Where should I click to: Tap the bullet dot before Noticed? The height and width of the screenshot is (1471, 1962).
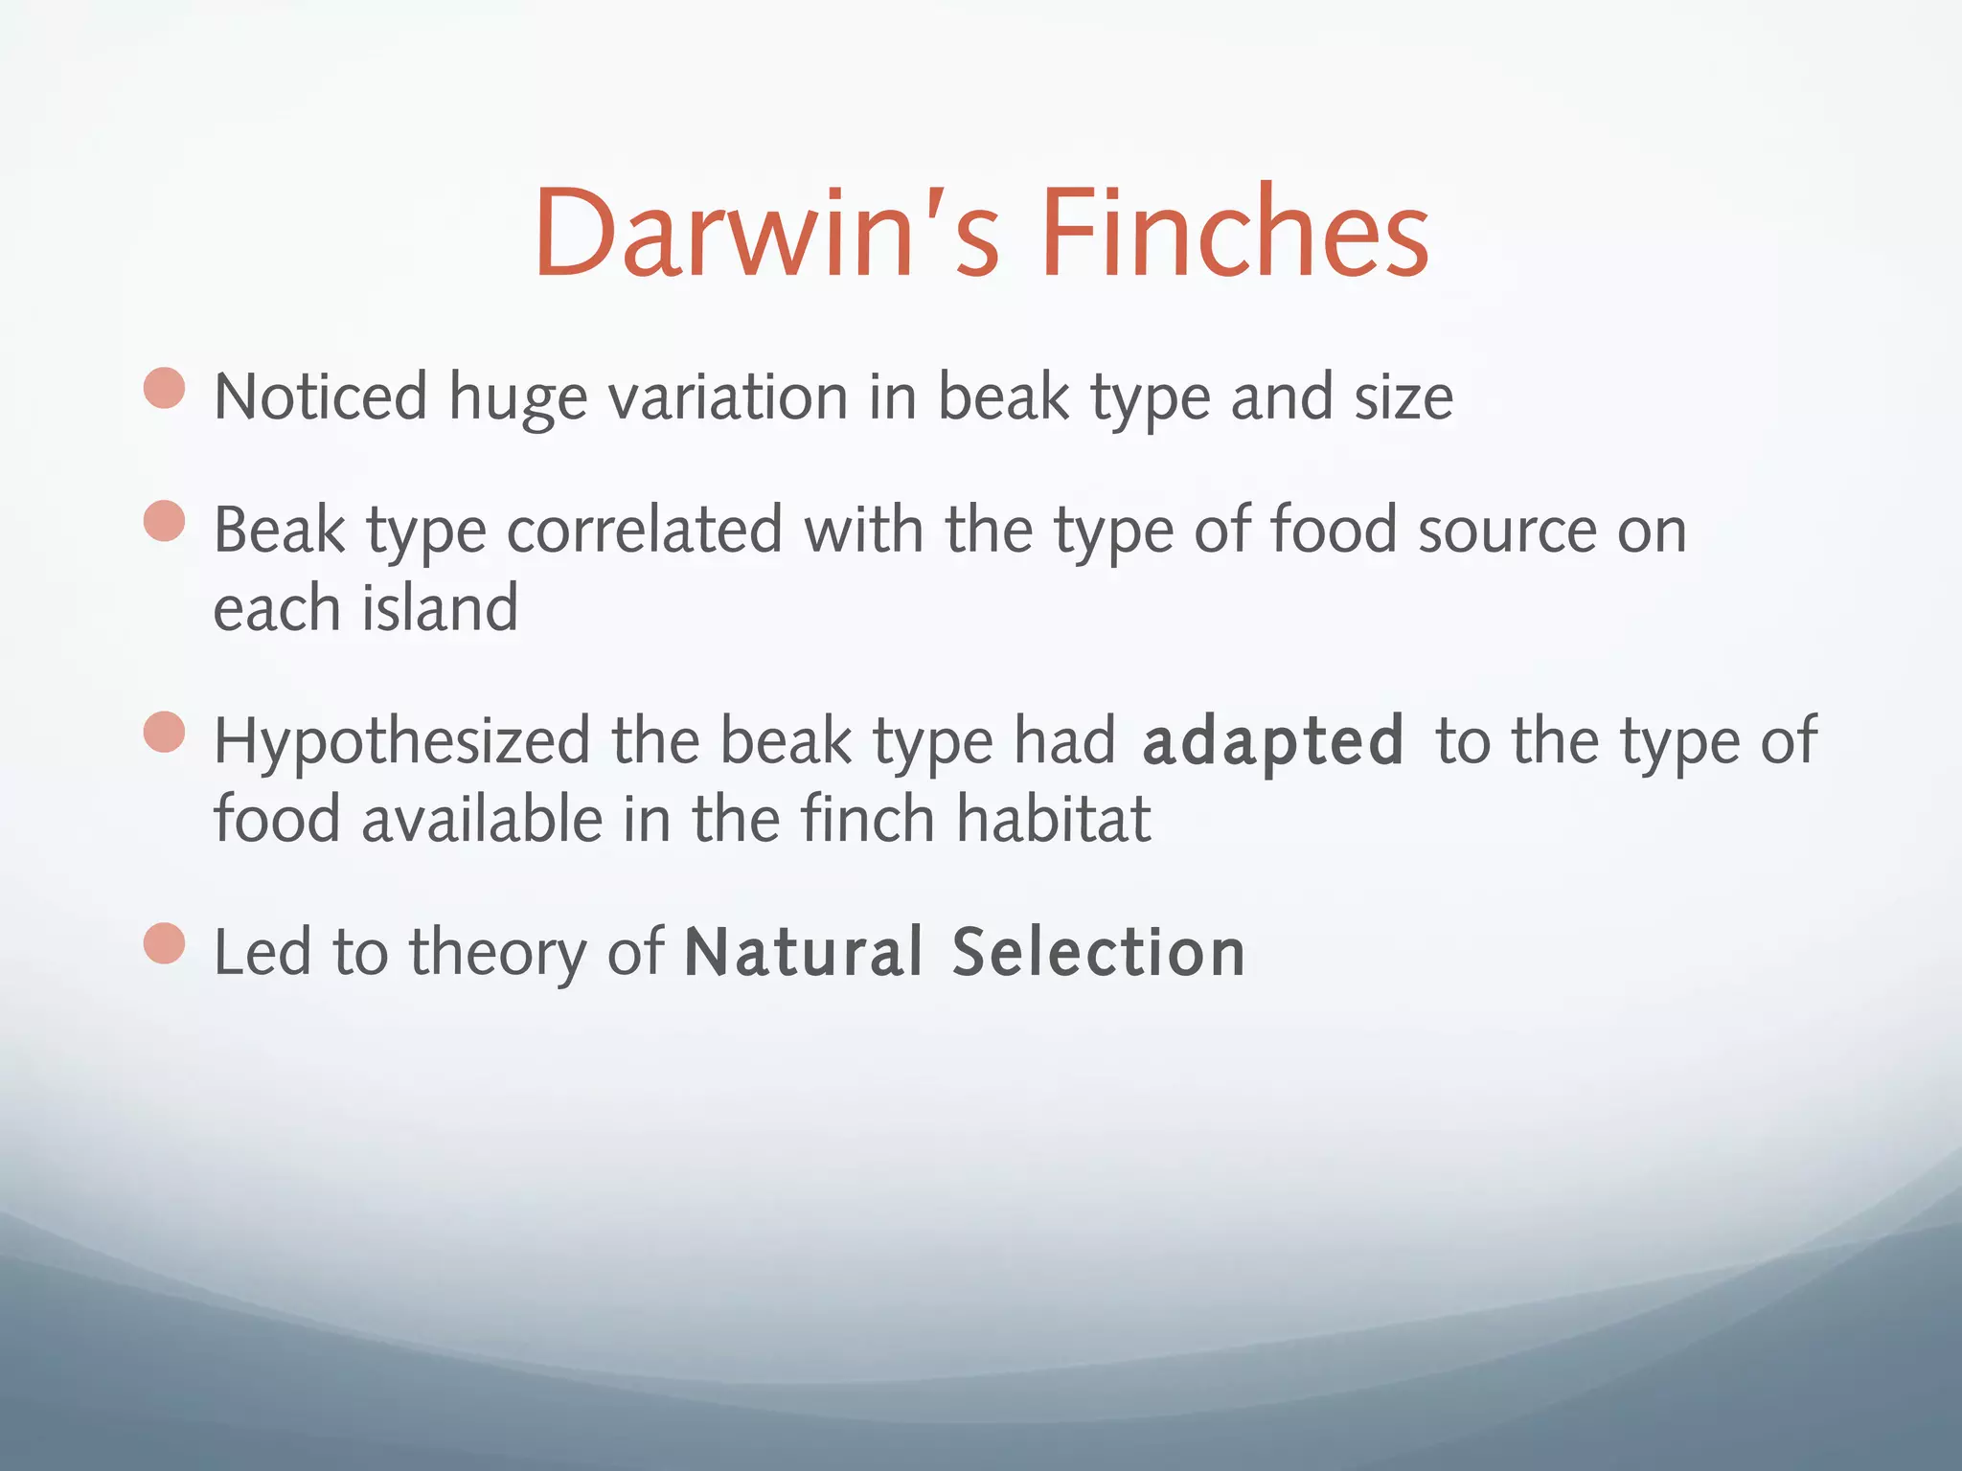tap(164, 389)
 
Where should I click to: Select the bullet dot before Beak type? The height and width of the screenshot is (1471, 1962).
tap(164, 521)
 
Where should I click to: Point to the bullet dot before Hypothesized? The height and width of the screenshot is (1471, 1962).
tap(164, 733)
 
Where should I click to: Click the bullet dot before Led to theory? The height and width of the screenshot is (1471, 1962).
tap(164, 943)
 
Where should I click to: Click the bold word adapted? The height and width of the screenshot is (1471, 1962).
tap(1273, 742)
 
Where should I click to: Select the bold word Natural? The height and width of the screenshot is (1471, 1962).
tap(804, 952)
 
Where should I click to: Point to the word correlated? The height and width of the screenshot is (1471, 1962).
tap(644, 531)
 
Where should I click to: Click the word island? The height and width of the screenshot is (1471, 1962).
tap(441, 609)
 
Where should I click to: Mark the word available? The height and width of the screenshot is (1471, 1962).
tap(481, 820)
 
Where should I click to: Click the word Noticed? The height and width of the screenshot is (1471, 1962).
tap(320, 397)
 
